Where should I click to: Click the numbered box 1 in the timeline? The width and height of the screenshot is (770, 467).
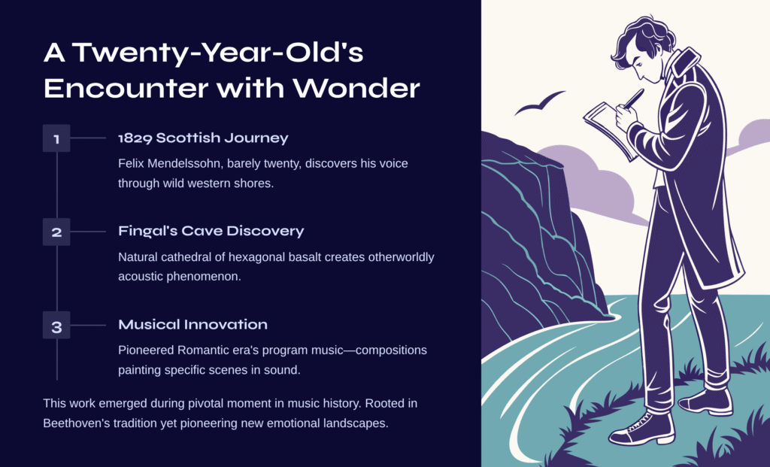(56, 138)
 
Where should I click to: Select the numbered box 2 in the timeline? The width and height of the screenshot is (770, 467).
(56, 232)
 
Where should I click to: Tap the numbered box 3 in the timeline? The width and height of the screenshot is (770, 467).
(56, 325)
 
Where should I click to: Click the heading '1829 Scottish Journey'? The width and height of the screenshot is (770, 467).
(203, 138)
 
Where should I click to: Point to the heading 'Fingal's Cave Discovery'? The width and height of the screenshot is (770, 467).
(211, 232)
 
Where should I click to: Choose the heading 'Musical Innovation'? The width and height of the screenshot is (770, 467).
(193, 325)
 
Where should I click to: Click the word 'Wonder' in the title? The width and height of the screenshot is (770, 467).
(356, 89)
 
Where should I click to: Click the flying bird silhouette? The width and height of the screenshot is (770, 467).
(540, 102)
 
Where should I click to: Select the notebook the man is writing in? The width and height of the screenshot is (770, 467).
(609, 129)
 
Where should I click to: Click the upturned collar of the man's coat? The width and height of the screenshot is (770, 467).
(684, 62)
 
